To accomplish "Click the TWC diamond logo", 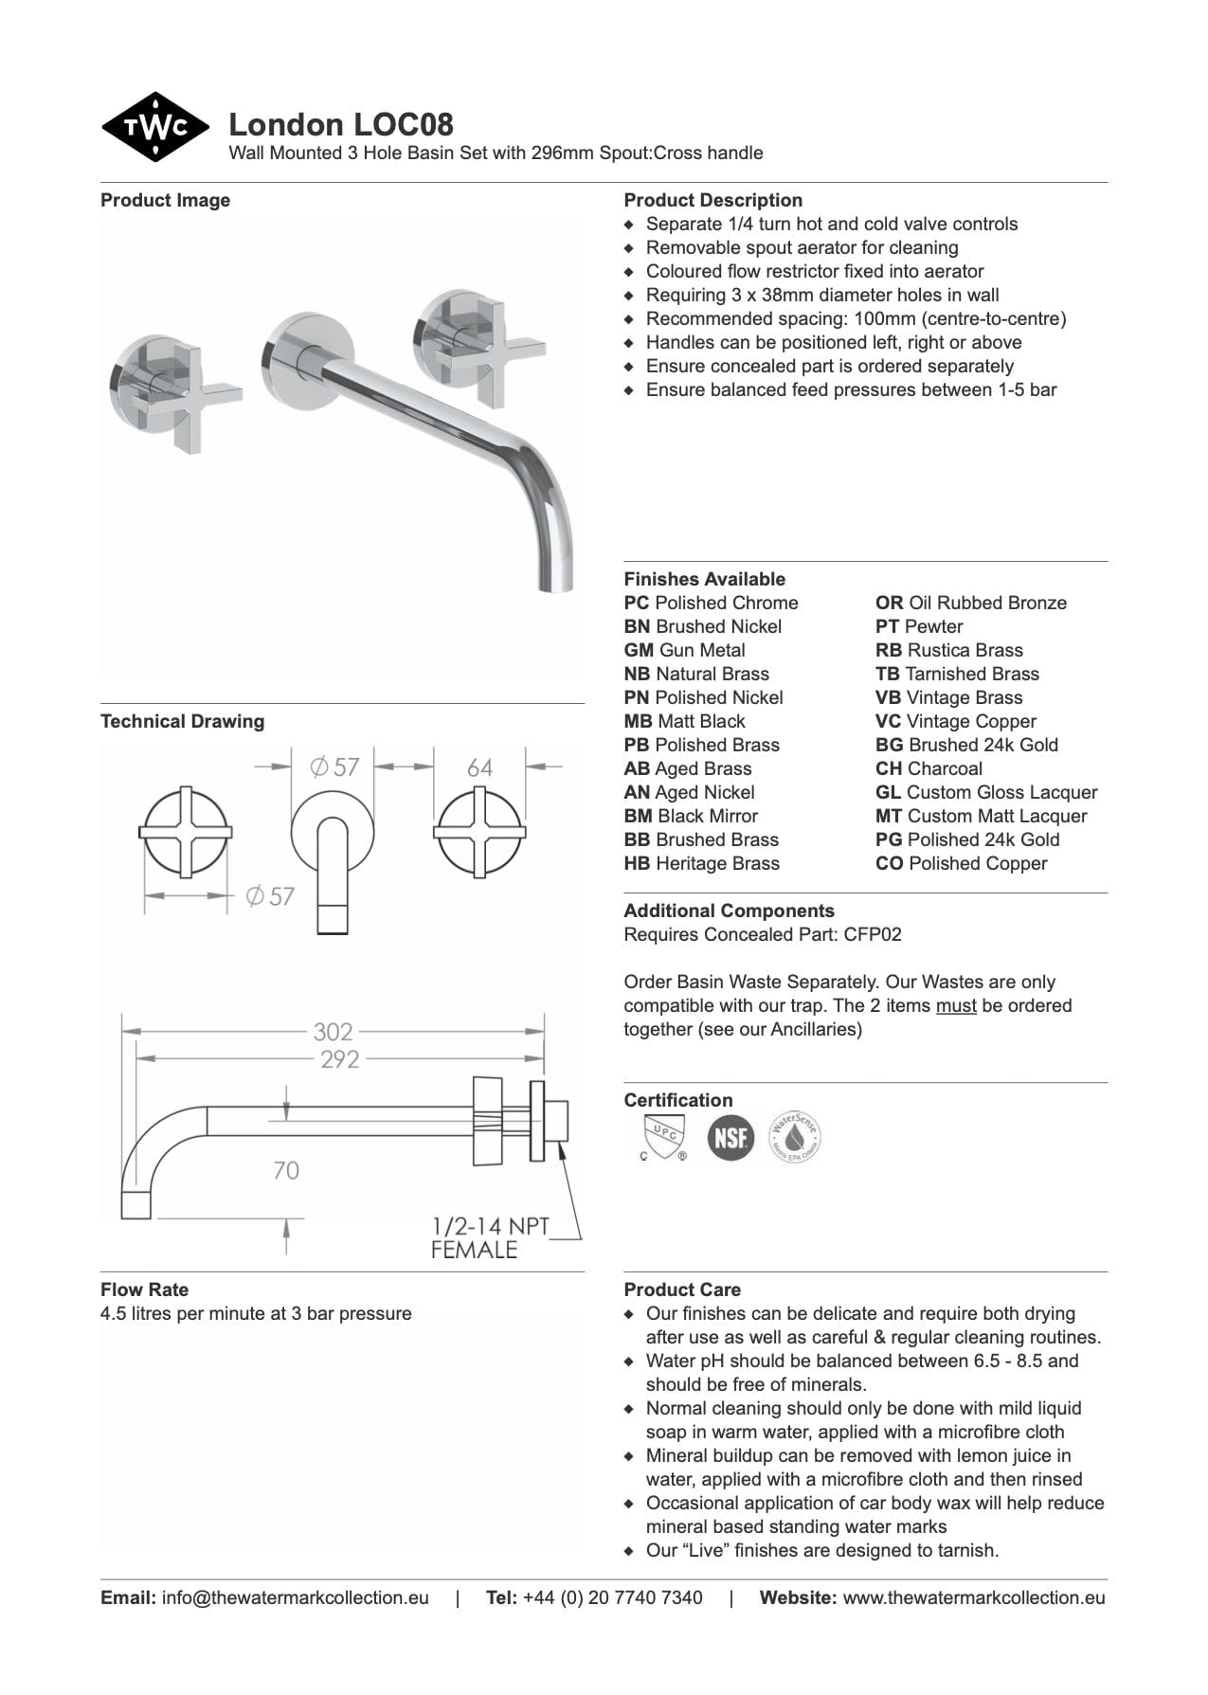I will [x=154, y=127].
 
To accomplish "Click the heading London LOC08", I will [x=341, y=124].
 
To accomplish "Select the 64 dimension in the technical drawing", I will [x=479, y=767].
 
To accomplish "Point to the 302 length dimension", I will [x=333, y=1031].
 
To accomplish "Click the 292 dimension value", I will [x=339, y=1059].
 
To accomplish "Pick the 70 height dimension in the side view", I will [x=285, y=1171].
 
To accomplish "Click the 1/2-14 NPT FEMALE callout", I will [x=490, y=1237].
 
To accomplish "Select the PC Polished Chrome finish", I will [x=711, y=603].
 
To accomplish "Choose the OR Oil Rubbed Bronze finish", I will [x=970, y=603].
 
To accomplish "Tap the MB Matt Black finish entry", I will [x=684, y=721].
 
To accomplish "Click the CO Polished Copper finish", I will [x=961, y=863].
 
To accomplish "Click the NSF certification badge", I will [x=730, y=1137].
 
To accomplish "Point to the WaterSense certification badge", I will [x=794, y=1137].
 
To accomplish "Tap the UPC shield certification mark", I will [x=663, y=1137].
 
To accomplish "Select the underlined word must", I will [x=955, y=1005].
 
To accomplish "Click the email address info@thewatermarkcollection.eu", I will [x=295, y=1597].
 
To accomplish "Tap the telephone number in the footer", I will [x=612, y=1597].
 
